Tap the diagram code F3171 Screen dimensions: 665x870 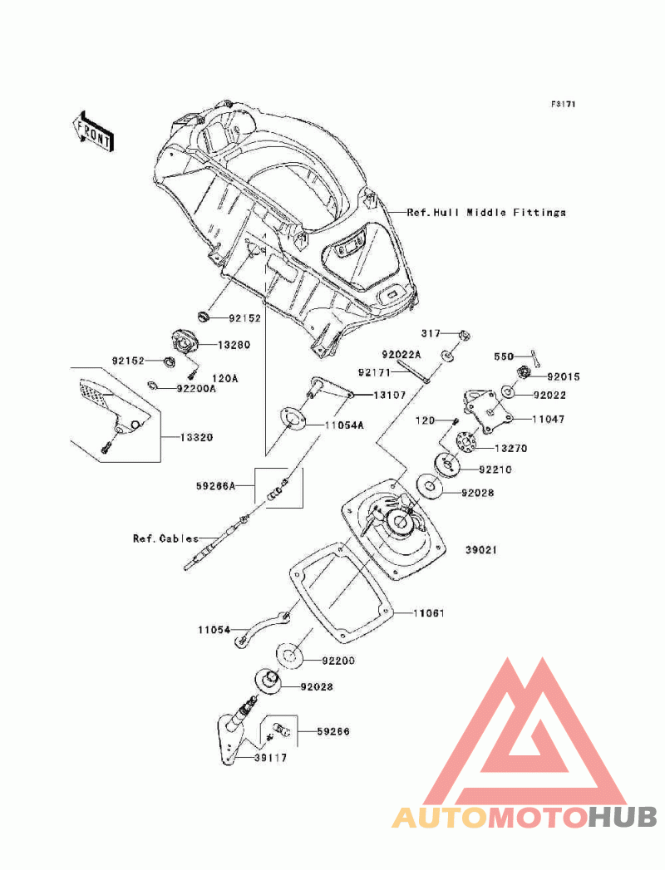coord(563,104)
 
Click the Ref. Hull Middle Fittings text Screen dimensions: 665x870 coord(486,212)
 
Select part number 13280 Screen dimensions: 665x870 coord(234,345)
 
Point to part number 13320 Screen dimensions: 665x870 coord(196,437)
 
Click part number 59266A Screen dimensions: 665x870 coord(215,486)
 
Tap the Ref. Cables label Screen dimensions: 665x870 coord(165,538)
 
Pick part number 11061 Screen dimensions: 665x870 coord(429,613)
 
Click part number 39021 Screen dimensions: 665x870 coord(481,550)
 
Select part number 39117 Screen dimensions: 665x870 coord(270,757)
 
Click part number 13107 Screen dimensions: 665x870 coord(389,395)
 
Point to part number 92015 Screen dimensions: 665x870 coord(564,376)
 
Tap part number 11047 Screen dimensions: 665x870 coord(549,419)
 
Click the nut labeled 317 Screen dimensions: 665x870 coord(465,335)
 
